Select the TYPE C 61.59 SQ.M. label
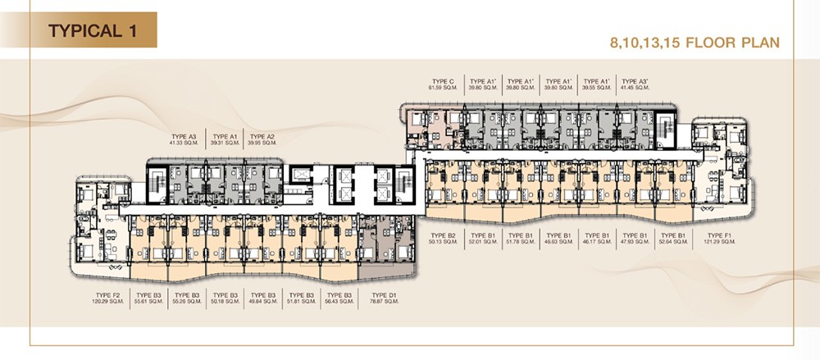[441, 84]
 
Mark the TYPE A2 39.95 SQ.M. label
[262, 139]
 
